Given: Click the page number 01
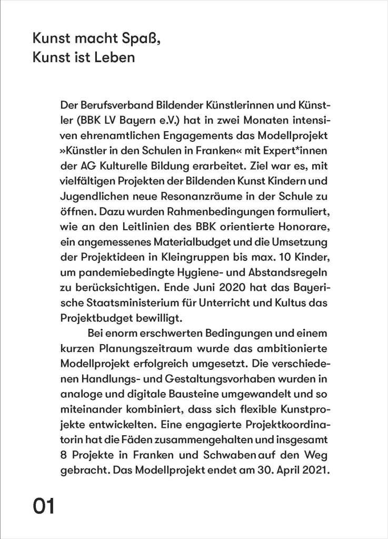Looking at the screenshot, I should click(x=44, y=507).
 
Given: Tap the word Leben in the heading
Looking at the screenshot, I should click(x=115, y=57).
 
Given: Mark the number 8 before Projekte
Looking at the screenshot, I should click(x=64, y=453).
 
